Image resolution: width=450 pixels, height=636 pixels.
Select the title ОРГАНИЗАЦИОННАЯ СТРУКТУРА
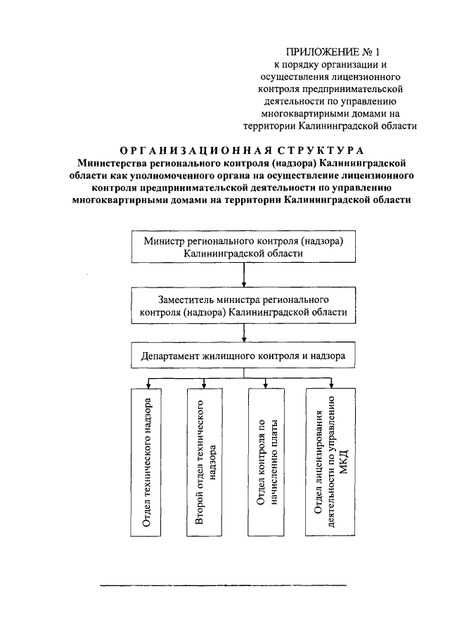pyautogui.click(x=242, y=150)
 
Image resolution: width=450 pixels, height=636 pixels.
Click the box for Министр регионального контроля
pyautogui.click(x=243, y=247)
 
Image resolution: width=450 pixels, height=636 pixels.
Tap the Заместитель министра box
pyautogui.click(x=243, y=306)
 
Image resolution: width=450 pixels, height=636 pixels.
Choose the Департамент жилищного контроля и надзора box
pyautogui.click(x=243, y=356)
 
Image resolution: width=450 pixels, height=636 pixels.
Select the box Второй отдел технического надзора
pyautogui.click(x=205, y=465)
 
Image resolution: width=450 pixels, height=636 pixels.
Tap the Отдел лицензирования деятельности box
pyautogui.click(x=330, y=465)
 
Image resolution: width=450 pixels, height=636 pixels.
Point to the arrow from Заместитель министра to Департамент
pyautogui.click(x=243, y=333)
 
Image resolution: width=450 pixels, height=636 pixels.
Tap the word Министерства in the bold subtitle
pyautogui.click(x=116, y=162)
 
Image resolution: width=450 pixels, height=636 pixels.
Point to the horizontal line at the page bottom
pyautogui.click(x=224, y=585)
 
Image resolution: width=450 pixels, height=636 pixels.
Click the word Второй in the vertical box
pyautogui.click(x=200, y=510)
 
